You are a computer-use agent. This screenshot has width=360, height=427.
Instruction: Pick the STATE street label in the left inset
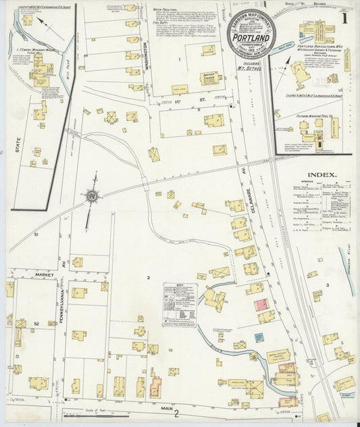(18, 145)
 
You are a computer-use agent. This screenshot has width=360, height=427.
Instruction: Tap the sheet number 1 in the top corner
(344, 18)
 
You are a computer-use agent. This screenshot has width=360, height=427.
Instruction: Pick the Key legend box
(180, 305)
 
